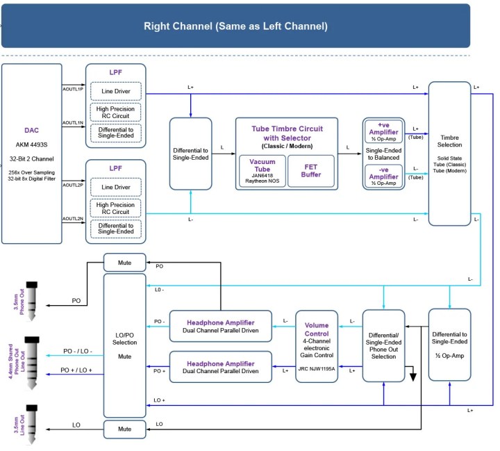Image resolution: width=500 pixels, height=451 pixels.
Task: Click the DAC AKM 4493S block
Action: [x=42, y=154]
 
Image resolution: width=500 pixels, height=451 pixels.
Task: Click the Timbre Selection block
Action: [x=449, y=154]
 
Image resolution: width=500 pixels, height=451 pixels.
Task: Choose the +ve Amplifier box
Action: [x=383, y=134]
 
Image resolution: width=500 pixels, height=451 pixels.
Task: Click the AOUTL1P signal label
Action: [x=73, y=90]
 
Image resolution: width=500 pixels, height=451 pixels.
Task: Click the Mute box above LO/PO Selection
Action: [x=125, y=262]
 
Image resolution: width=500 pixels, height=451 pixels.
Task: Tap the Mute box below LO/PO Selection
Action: [x=125, y=429]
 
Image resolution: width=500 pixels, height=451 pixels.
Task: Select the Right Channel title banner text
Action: [x=235, y=26]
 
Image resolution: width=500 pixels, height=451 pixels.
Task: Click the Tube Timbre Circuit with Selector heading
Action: [x=287, y=133]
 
